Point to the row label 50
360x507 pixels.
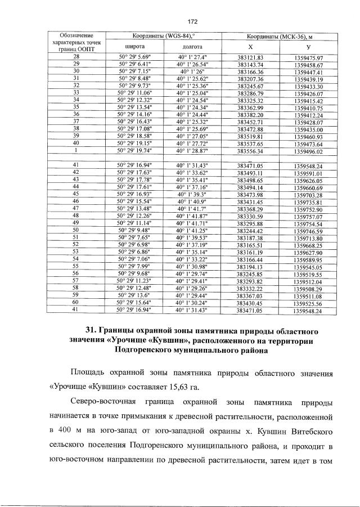click(x=76, y=230)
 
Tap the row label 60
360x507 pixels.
click(x=76, y=302)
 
